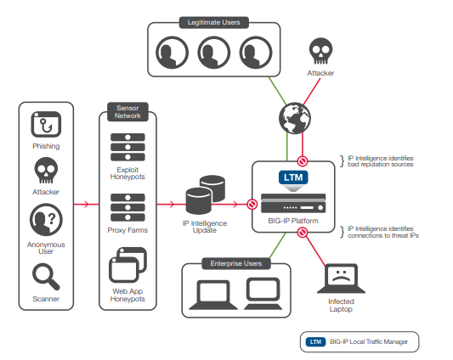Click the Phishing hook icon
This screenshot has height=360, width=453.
(x=46, y=125)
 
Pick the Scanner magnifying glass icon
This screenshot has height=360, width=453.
(x=46, y=275)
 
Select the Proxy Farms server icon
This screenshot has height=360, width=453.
(x=128, y=205)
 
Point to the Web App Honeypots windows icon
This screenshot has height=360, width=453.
(x=128, y=264)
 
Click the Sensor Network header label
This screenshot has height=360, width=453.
(x=128, y=112)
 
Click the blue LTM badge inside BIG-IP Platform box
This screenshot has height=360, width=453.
(x=292, y=178)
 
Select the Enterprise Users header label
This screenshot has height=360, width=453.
(x=235, y=264)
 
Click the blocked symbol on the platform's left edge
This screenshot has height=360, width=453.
(x=252, y=204)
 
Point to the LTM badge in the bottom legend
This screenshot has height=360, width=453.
(x=316, y=342)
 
